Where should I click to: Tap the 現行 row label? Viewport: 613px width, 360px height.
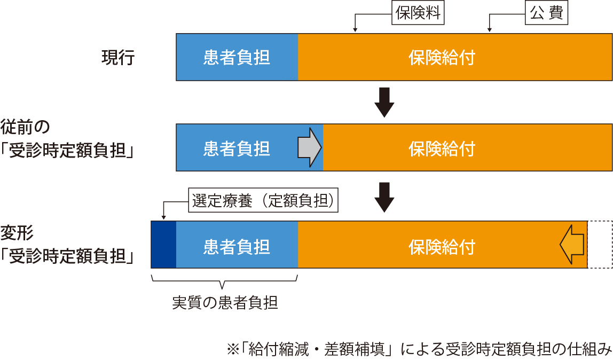pyautogui.click(x=118, y=57)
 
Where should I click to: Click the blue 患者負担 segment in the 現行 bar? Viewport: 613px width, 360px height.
pyautogui.click(x=237, y=57)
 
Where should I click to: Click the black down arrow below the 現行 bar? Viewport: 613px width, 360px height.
pyautogui.click(x=384, y=102)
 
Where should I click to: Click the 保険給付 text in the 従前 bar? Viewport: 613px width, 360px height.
pyautogui.click(x=442, y=148)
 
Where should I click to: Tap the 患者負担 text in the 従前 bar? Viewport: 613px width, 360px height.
pyautogui.click(x=237, y=148)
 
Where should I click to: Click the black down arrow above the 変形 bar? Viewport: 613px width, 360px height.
pyautogui.click(x=384, y=197)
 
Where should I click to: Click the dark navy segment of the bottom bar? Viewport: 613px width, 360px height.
pyautogui.click(x=163, y=244)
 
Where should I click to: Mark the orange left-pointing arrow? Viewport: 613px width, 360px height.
pyautogui.click(x=572, y=244)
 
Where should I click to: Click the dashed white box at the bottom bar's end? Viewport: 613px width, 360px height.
pyautogui.click(x=600, y=244)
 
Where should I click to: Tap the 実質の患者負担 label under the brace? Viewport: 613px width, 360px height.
pyautogui.click(x=225, y=303)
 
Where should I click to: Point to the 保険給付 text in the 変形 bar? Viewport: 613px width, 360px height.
pyautogui.click(x=442, y=247)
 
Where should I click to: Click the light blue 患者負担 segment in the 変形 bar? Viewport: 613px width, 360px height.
pyautogui.click(x=237, y=247)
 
